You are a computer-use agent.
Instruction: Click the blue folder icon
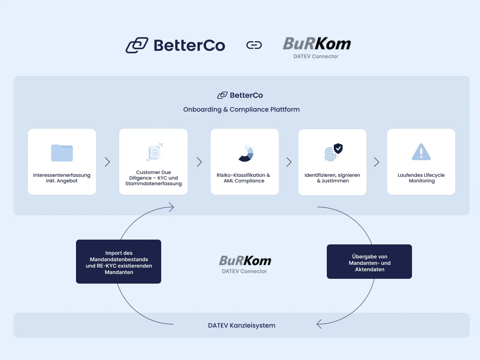coord(62,153)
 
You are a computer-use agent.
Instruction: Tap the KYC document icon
coord(154,152)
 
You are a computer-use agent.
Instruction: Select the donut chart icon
coord(245,153)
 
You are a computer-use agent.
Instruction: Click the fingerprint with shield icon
coord(333,152)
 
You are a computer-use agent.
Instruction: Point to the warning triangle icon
coord(421,152)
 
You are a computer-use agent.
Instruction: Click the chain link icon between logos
coord(254,45)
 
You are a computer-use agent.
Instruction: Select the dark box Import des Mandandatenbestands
coord(118,262)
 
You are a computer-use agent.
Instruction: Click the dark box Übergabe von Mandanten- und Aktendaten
coord(369,262)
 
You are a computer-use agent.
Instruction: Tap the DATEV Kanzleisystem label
coord(242,325)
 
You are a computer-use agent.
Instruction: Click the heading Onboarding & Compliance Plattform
coord(241,109)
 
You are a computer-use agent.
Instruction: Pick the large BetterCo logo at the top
coord(176,45)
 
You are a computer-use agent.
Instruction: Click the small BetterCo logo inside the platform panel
coord(240,95)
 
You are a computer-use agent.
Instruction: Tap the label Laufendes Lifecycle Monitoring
coord(421,178)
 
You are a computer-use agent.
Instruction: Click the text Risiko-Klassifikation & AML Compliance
coord(244,178)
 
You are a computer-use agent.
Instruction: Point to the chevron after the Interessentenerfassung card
coord(107,162)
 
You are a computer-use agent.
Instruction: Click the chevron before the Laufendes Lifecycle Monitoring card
coord(376,162)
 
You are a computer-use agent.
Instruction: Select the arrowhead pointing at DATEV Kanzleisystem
coord(319,324)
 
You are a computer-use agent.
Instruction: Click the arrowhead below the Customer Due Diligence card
coord(171,207)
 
